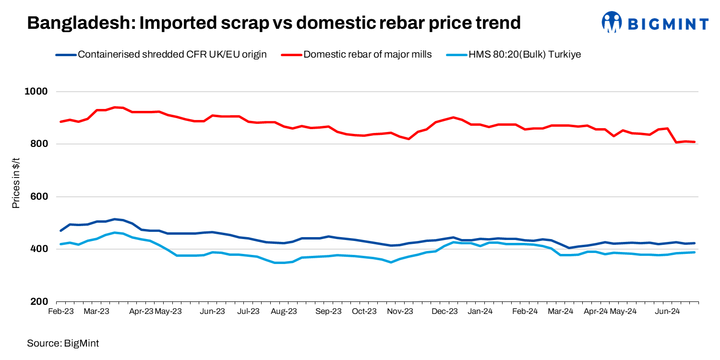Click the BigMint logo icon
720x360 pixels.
[612, 22]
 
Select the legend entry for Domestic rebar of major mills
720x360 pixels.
[367, 54]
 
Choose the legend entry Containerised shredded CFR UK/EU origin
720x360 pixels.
[172, 54]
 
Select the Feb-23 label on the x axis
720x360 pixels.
[61, 312]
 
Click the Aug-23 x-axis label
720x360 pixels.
[284, 312]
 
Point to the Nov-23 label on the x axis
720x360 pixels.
[400, 312]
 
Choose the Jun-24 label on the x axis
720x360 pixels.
[667, 312]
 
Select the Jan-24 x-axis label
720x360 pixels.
[480, 312]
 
